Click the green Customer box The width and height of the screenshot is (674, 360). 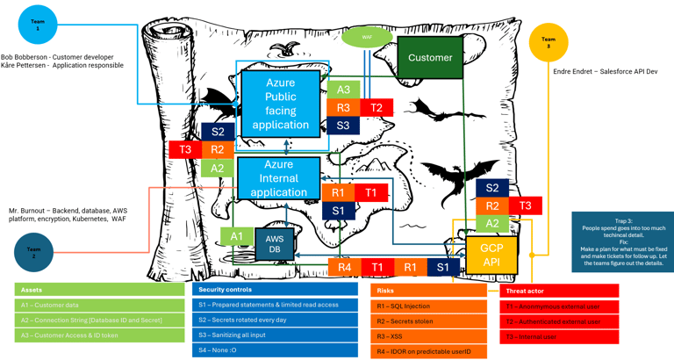click(x=430, y=57)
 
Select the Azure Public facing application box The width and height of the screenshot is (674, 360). click(x=281, y=103)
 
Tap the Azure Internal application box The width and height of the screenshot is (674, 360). click(x=278, y=178)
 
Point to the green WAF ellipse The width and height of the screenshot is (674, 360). click(x=367, y=38)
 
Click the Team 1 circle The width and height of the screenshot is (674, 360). click(x=38, y=25)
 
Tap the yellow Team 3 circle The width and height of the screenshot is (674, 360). click(x=549, y=42)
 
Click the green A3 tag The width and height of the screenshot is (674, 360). click(x=343, y=90)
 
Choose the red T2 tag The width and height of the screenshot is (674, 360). click(x=376, y=107)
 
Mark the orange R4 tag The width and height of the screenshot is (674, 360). click(x=344, y=267)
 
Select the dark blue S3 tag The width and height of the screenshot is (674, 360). click(x=343, y=126)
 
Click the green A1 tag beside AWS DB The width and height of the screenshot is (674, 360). click(x=236, y=236)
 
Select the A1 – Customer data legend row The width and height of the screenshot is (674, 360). click(x=99, y=305)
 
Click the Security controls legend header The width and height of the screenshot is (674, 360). click(x=275, y=289)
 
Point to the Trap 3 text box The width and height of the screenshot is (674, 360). click(x=622, y=241)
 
